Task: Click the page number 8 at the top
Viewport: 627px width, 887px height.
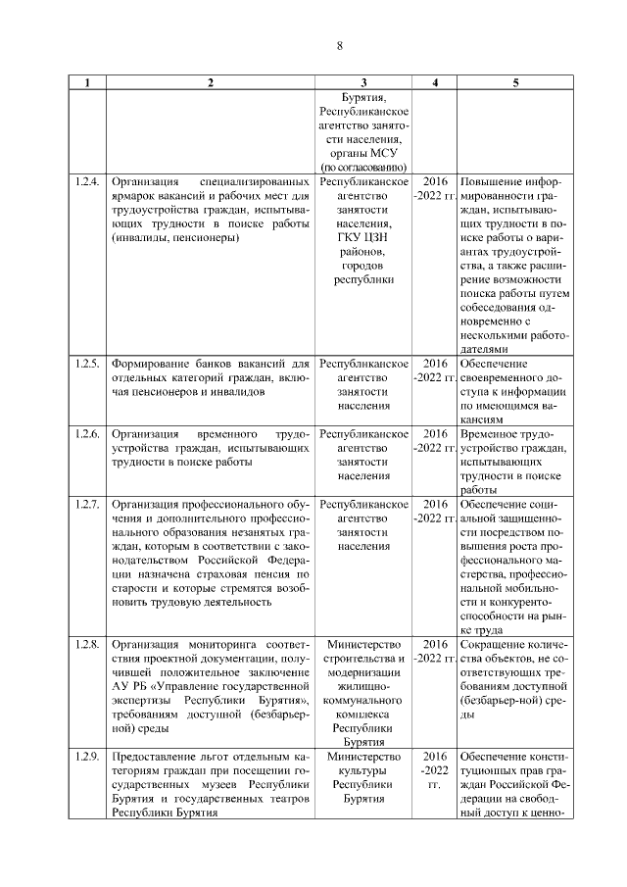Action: point(339,46)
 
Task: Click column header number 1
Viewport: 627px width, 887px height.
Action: point(87,82)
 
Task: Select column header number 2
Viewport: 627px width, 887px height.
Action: point(210,82)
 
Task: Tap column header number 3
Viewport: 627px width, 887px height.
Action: point(363,82)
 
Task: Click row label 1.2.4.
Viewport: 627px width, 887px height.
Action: point(87,182)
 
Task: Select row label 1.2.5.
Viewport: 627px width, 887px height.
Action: point(87,364)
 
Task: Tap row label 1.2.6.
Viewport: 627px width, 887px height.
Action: point(87,433)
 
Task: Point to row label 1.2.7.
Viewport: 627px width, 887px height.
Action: point(87,504)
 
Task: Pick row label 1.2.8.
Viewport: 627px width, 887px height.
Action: point(87,644)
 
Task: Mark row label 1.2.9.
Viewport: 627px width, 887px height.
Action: point(87,757)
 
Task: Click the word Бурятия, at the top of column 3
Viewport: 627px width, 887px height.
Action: point(364,98)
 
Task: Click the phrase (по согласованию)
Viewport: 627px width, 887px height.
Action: point(364,168)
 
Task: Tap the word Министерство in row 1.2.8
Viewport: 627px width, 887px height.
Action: point(364,644)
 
